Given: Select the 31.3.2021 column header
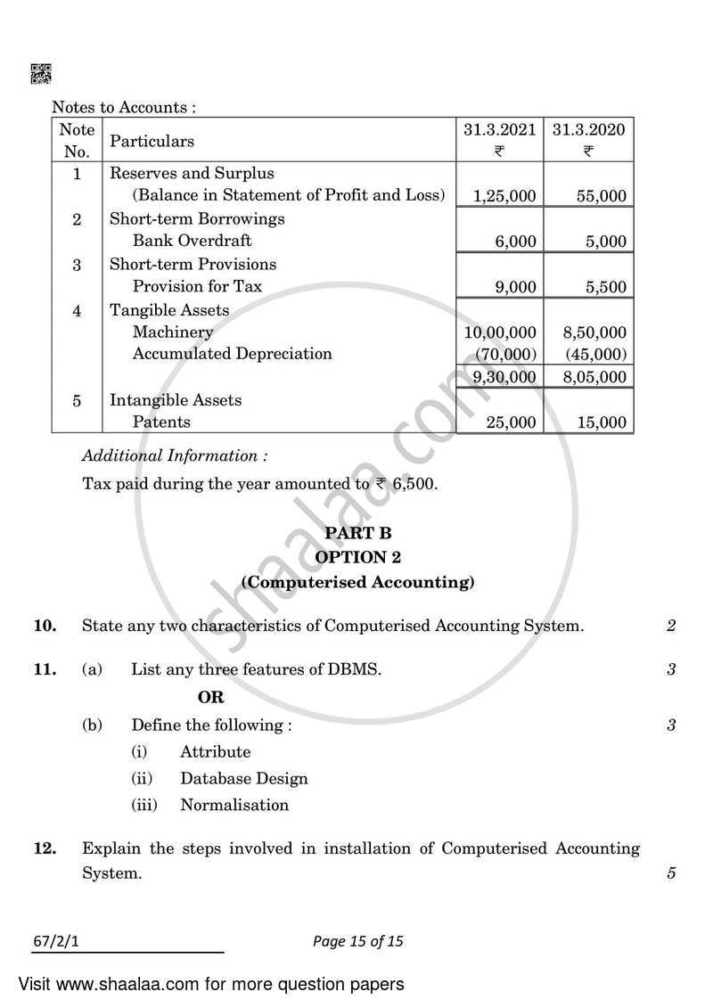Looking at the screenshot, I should tap(500, 129).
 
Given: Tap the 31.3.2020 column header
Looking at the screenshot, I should tap(588, 129).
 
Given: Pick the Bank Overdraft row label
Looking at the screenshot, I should tap(192, 241).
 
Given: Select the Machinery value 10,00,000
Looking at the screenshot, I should tap(500, 332).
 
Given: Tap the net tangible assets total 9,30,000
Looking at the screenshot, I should tap(500, 377).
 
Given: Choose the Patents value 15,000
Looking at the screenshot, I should tap(601, 422).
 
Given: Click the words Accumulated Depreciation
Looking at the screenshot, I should tap(232, 354).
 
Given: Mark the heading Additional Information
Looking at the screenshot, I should tap(175, 455).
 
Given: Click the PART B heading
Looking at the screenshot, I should tap(357, 533).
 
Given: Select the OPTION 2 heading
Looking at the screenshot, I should tap(357, 558).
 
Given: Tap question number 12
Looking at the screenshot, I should tap(45, 848).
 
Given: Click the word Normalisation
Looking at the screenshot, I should tap(234, 805).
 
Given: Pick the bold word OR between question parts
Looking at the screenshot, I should tap(211, 697).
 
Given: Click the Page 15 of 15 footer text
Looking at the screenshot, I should tap(357, 940).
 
